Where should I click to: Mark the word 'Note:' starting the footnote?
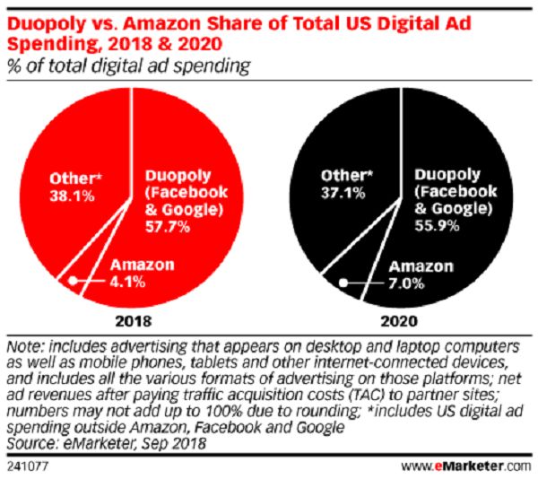(23, 347)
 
